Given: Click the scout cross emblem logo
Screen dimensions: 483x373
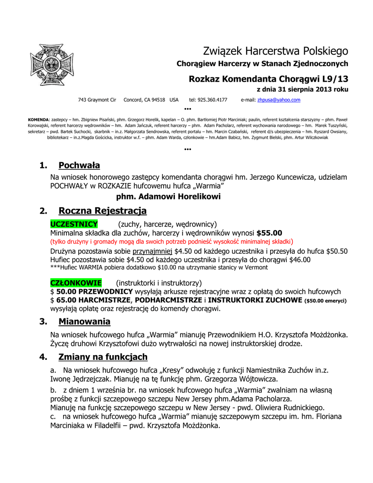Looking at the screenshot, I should pyautogui.click(x=52, y=65).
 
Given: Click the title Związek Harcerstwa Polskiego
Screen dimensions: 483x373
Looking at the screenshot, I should pyautogui.click(x=275, y=50).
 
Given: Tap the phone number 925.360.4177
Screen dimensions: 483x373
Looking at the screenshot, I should pyautogui.click(x=208, y=100).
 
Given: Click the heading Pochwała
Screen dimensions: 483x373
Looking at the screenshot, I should pyautogui.click(x=79, y=165).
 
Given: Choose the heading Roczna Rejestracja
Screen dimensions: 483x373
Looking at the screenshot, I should pyautogui.click(x=102, y=210).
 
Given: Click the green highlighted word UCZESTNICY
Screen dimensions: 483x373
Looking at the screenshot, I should pyautogui.click(x=74, y=224).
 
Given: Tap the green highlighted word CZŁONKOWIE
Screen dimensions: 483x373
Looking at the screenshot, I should pyautogui.click(x=76, y=283).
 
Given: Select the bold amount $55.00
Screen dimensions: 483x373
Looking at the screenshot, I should pyautogui.click(x=269, y=233).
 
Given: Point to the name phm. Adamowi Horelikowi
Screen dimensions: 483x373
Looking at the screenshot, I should pyautogui.click(x=168, y=196).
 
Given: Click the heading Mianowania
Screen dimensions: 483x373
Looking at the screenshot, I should pyautogui.click(x=84, y=322).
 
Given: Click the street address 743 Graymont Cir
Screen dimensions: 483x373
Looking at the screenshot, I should pyautogui.click(x=97, y=100).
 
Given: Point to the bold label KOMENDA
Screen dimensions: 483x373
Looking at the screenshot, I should pyautogui.click(x=38, y=120).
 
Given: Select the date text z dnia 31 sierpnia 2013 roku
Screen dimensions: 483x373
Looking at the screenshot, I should pyautogui.click(x=302, y=89).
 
